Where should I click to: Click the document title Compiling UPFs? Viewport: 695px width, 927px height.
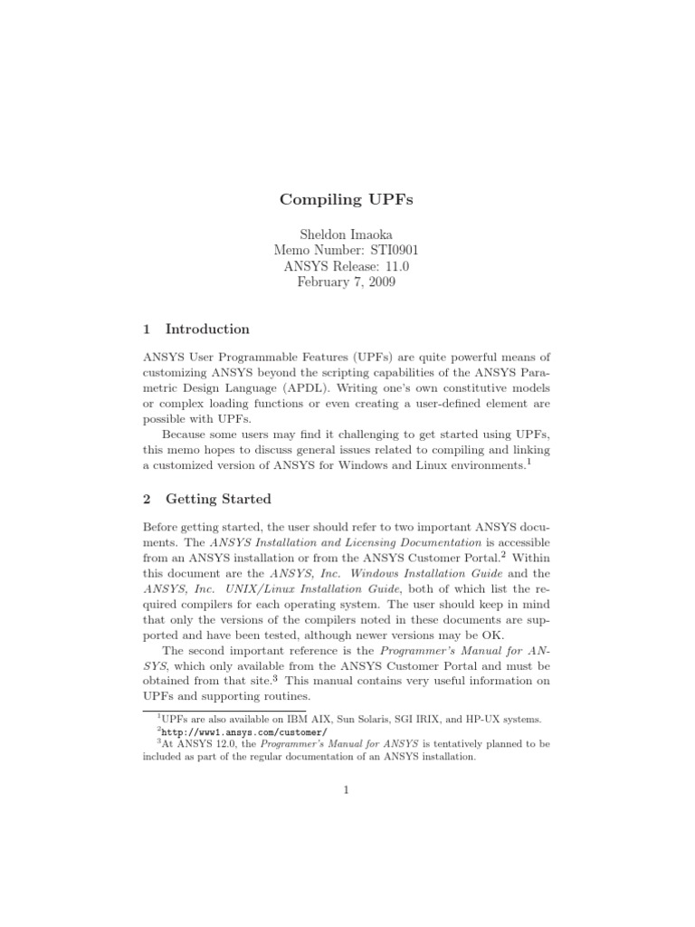[347, 199]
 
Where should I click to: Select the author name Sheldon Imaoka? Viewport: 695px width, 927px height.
[347, 234]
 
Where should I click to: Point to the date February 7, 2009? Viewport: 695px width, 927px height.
[347, 282]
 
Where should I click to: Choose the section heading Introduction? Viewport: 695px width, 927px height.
[207, 330]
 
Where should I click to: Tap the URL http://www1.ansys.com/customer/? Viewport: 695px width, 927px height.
[242, 731]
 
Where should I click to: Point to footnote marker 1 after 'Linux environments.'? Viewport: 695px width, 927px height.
[528, 461]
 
